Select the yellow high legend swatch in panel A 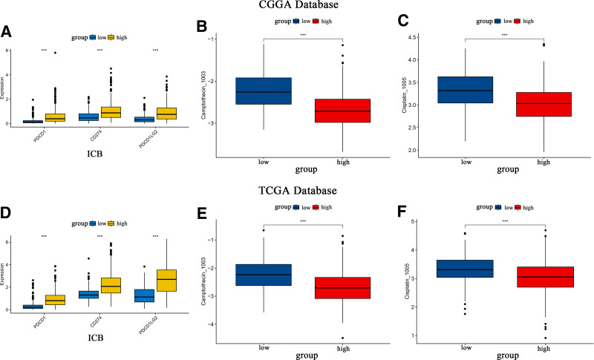[x=111, y=36]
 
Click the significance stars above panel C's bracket [x=505, y=34]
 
